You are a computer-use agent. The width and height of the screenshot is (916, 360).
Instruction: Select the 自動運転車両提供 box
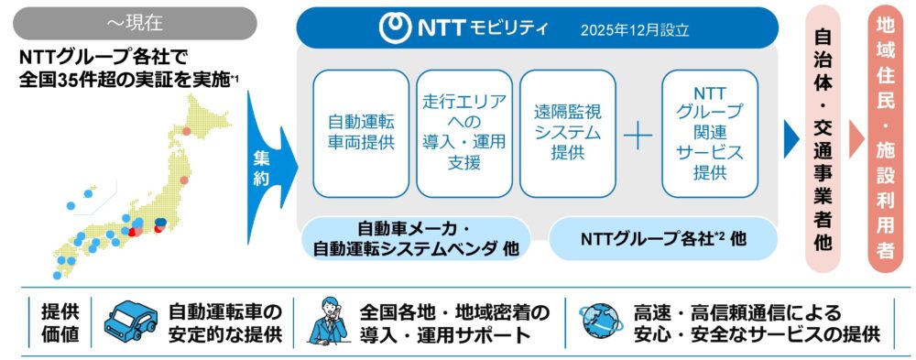361,133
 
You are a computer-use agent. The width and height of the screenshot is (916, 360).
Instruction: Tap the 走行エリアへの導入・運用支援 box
464,133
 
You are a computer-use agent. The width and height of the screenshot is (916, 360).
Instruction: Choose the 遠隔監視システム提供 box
568,133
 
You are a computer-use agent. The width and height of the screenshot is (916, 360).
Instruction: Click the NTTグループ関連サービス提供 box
710,133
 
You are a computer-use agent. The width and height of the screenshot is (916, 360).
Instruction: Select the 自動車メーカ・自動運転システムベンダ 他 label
415,238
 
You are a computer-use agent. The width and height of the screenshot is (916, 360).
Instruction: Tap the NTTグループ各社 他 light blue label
663,238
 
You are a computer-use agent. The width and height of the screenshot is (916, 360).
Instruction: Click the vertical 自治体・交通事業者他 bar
823,140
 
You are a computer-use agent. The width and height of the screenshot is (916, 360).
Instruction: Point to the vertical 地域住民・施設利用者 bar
886,140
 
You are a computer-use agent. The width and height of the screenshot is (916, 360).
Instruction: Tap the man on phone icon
328,322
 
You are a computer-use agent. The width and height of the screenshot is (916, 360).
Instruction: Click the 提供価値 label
60,323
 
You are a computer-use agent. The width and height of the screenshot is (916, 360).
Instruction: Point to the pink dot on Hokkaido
186,132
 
